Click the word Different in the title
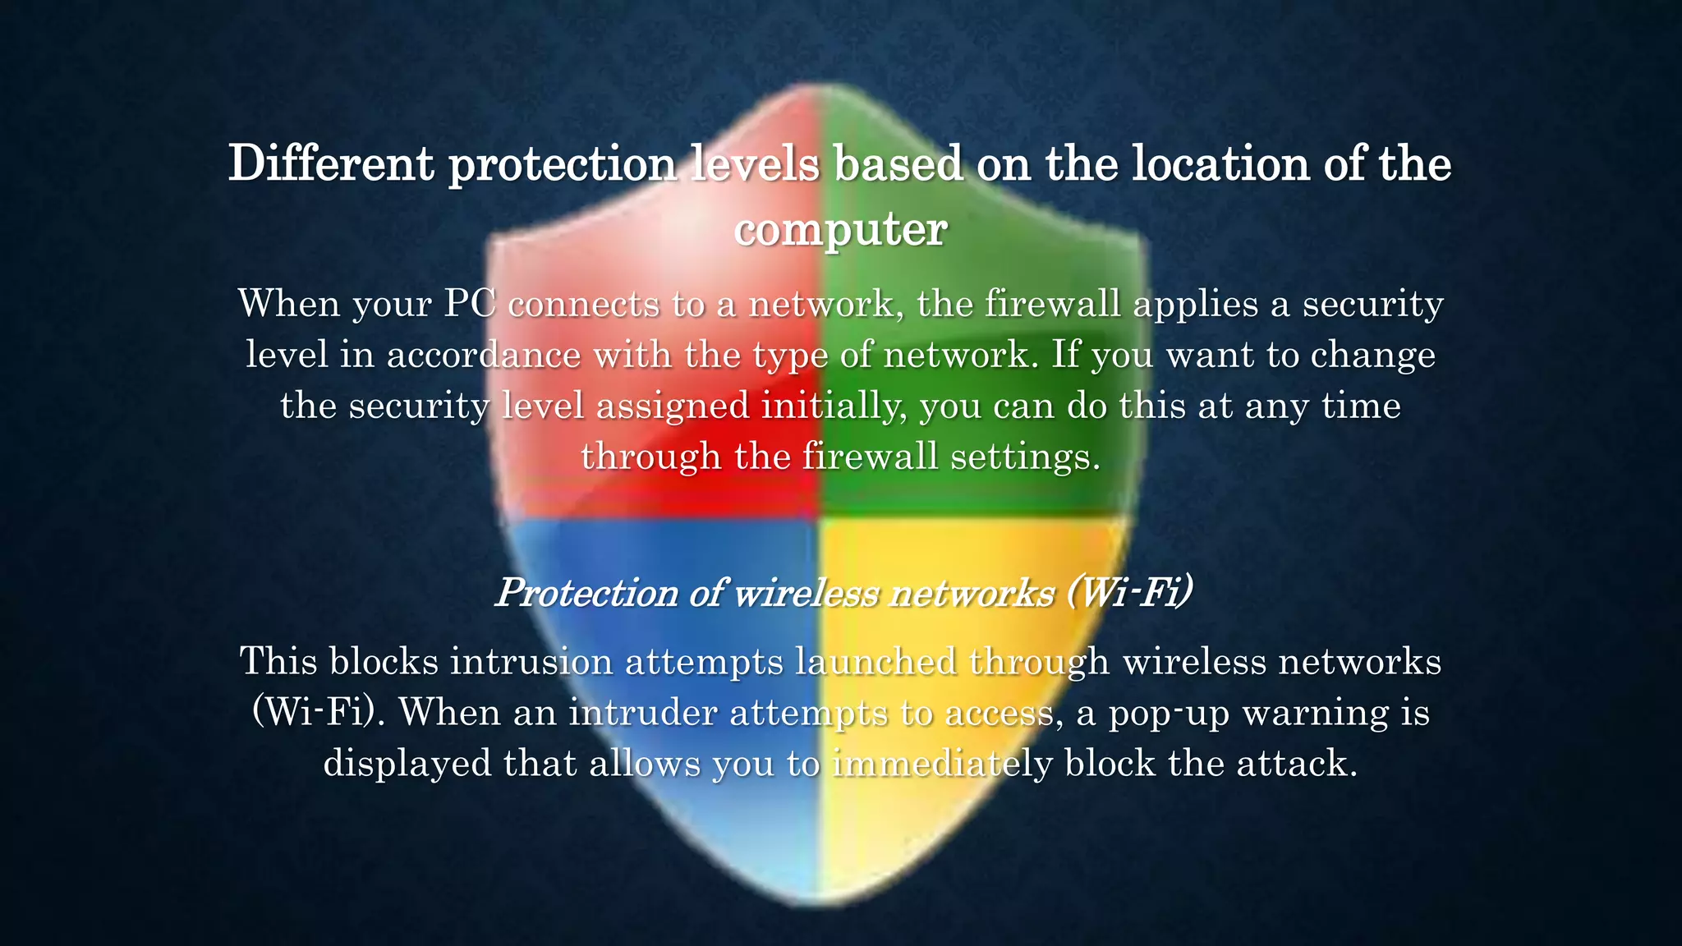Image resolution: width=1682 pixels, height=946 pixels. [330, 164]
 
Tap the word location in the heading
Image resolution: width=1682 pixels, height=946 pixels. [1220, 164]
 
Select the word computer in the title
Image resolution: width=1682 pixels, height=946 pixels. [840, 230]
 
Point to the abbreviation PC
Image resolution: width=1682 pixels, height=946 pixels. [470, 304]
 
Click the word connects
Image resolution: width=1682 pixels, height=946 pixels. [583, 304]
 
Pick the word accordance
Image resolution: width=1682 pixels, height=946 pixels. [484, 355]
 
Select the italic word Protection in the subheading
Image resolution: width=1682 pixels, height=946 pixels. [587, 593]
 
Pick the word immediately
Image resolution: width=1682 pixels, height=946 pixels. [942, 764]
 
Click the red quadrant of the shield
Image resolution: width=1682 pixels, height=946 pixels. [657, 493]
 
